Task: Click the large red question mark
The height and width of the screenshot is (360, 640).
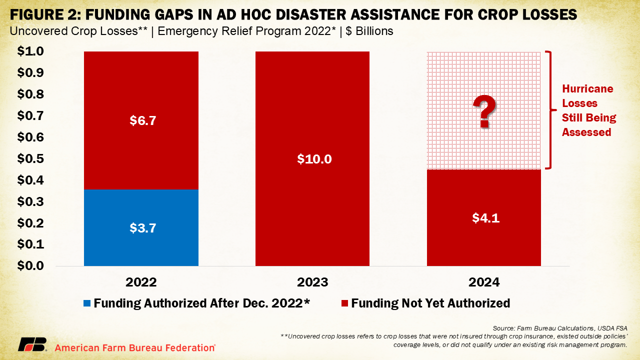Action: pyautogui.click(x=484, y=113)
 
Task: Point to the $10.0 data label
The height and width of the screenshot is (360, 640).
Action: pyautogui.click(x=312, y=159)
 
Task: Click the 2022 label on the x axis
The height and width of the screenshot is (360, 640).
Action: pyautogui.click(x=141, y=282)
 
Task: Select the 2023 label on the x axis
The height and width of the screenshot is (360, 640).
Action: pyautogui.click(x=312, y=282)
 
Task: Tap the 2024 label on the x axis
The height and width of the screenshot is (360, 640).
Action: pyautogui.click(x=483, y=282)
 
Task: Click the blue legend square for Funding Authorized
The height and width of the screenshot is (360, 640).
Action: pyautogui.click(x=87, y=303)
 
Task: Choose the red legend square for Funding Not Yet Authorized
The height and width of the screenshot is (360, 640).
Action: pyautogui.click(x=344, y=303)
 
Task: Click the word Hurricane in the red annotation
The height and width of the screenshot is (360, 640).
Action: pyautogui.click(x=587, y=89)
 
